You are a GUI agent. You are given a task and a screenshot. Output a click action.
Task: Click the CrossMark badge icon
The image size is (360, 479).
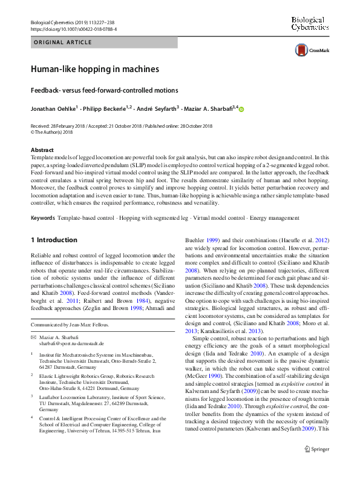click(x=300, y=51)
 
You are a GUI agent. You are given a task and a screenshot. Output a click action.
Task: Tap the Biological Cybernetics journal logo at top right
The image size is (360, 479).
click(x=309, y=24)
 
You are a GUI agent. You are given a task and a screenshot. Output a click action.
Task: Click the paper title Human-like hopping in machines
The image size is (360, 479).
click(x=95, y=69)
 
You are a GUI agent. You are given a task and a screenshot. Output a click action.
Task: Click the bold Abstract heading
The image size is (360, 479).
click(x=42, y=149)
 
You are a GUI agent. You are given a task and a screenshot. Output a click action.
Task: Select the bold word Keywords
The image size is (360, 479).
click(x=42, y=217)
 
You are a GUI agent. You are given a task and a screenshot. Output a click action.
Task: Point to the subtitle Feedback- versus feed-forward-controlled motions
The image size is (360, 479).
click(x=100, y=90)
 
